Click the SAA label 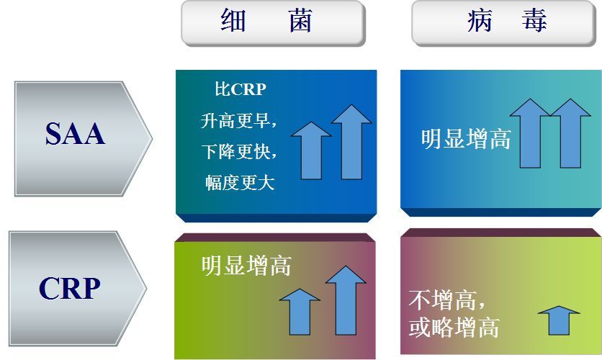tap(75, 134)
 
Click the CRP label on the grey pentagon tap(70, 288)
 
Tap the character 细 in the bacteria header tap(233, 20)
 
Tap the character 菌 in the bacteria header tap(300, 20)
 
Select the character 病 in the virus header tap(480, 21)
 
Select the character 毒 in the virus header tap(534, 21)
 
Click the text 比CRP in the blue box tap(241, 89)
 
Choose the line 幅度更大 tap(240, 182)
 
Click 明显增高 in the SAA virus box tap(466, 138)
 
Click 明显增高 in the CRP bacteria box tap(246, 265)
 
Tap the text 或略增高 tap(454, 328)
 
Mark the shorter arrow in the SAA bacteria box tap(311, 150)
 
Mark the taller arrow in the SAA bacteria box tap(351, 142)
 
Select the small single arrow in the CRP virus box tap(559, 320)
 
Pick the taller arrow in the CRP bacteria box tap(346, 300)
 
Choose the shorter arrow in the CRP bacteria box tap(300, 312)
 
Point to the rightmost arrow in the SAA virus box tap(570, 134)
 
